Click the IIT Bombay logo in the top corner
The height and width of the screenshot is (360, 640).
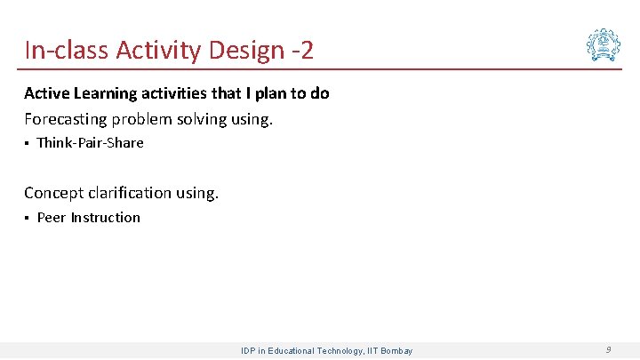(604, 44)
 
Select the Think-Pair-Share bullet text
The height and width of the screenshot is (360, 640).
(90, 143)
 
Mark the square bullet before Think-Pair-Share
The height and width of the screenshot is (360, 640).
(28, 144)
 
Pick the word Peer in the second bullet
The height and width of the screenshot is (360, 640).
(52, 218)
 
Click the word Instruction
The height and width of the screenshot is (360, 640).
(106, 218)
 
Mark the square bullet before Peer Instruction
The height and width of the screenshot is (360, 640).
(28, 219)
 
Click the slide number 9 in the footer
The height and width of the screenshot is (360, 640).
(608, 350)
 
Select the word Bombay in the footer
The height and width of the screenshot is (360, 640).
(396, 351)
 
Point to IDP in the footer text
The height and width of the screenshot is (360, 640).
(249, 351)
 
